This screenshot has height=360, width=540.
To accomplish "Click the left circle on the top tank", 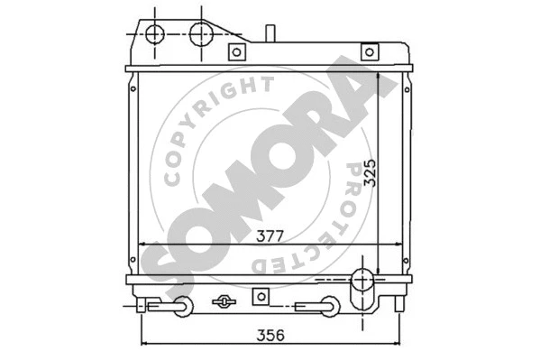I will pyautogui.click(x=155, y=33).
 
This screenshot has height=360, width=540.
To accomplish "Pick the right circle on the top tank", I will pyautogui.click(x=201, y=33).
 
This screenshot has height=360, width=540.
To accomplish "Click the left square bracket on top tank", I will pyautogui.click(x=236, y=51).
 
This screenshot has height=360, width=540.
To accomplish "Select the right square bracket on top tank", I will pyautogui.click(x=368, y=51).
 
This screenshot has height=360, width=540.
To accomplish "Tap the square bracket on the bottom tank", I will pyautogui.click(x=261, y=295).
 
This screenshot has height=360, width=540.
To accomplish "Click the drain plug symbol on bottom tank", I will pyautogui.click(x=223, y=300).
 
